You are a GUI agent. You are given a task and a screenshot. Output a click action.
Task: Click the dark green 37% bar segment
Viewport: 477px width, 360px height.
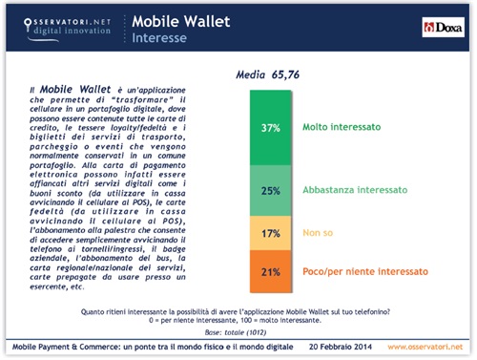click(269, 126)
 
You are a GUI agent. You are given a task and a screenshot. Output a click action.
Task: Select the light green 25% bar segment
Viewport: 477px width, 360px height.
click(269, 190)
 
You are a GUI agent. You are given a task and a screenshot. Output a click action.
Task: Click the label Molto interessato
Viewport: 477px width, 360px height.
click(341, 126)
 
